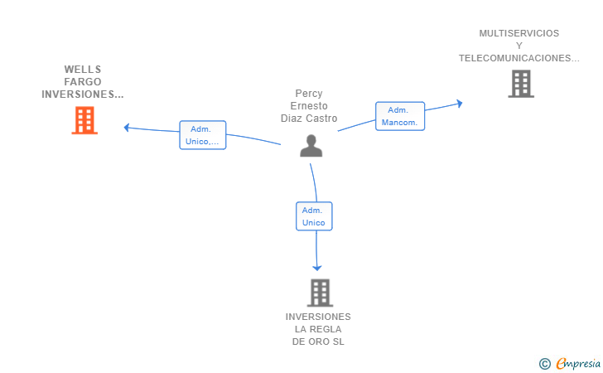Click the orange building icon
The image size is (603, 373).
tap(84, 120)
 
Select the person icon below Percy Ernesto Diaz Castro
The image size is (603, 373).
tap(311, 146)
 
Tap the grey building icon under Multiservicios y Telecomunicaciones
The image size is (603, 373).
tap(521, 84)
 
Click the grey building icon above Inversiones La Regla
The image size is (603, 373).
tap(320, 293)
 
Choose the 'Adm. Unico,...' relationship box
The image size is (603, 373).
tap(203, 135)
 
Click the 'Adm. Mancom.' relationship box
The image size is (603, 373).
tap(400, 116)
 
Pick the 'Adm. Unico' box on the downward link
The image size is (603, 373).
tap(314, 216)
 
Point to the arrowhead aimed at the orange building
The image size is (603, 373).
tap(126, 128)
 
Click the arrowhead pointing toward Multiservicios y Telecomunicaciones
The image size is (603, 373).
tap(459, 103)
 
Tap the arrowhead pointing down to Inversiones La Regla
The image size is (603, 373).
tap(317, 268)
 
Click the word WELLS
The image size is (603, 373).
tap(83, 70)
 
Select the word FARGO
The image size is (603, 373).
tap(83, 81)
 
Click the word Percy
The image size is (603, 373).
tap(309, 94)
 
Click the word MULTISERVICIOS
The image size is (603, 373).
tap(519, 33)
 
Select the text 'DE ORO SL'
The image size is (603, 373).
tap(318, 342)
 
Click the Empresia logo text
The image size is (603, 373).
tap(578, 363)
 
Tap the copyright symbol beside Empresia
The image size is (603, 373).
tap(545, 364)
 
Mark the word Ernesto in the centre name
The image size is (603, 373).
tap(309, 106)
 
